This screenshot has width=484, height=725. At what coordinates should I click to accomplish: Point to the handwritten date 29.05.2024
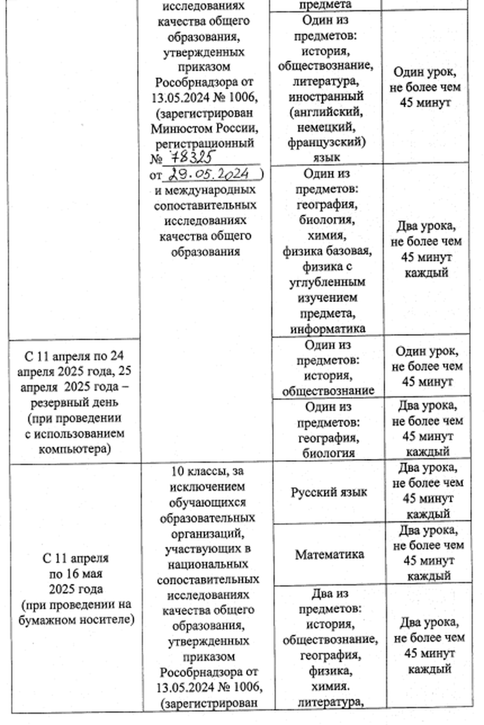pos(210,174)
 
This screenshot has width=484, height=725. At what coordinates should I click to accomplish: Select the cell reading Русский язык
pos(328,492)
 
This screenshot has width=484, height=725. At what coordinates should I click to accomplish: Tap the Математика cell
pos(329,554)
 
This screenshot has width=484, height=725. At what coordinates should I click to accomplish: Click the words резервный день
pos(75,403)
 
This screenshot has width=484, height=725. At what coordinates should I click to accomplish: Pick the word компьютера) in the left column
pos(75,449)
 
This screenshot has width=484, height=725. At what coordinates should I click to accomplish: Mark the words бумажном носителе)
pos(76,620)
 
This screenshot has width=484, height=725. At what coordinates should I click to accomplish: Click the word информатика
pos(328,328)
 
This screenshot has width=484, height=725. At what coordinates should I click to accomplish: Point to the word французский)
pos(326,142)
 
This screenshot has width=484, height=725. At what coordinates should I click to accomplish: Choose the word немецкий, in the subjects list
pos(326,127)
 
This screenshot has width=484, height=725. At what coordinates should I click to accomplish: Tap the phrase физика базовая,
pos(327,251)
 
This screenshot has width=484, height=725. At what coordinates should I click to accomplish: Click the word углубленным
pos(327,282)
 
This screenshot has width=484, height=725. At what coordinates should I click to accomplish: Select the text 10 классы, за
pos(207,471)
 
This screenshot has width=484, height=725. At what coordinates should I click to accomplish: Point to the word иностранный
pos(326,96)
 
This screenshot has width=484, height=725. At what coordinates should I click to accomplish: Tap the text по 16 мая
pos(76,574)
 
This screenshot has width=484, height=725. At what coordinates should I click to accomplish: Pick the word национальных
pos(207,564)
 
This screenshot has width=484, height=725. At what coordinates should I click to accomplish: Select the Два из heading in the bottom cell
pos(329,593)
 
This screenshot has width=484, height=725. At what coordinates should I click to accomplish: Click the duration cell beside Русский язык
pos(428,491)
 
